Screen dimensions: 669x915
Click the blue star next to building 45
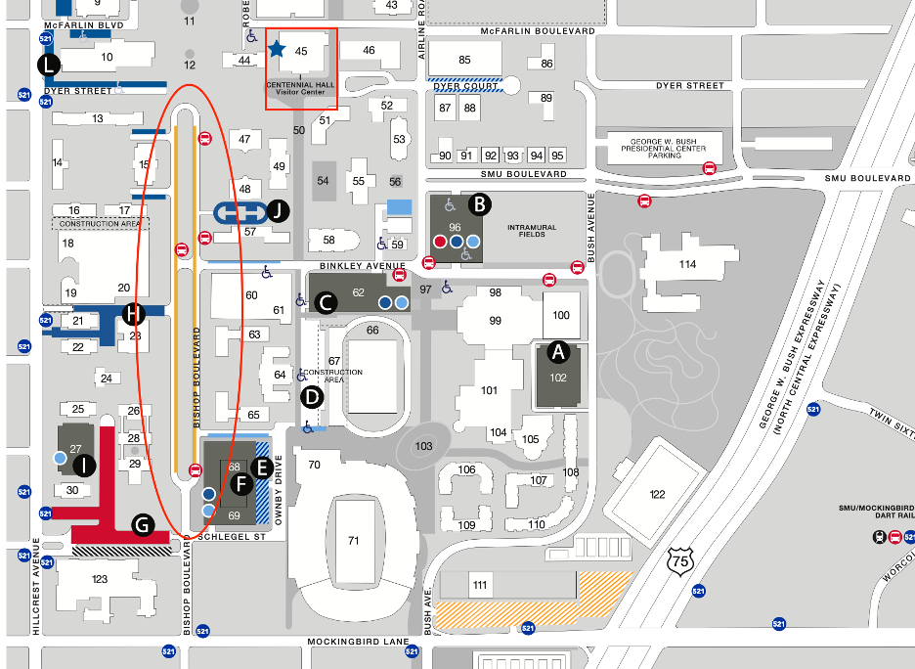tap(277, 48)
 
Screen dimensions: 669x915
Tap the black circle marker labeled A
tap(558, 350)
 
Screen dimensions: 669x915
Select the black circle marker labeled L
tap(48, 66)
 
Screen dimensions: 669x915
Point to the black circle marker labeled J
tap(280, 210)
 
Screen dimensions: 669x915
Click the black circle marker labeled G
tap(143, 526)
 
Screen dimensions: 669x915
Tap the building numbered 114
tap(687, 264)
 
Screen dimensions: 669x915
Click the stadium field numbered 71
tap(353, 539)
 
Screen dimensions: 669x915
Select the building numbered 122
tap(657, 494)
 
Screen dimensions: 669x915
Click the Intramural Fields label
tap(531, 232)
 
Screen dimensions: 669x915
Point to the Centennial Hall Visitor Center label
tap(301, 89)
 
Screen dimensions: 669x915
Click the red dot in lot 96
tap(440, 241)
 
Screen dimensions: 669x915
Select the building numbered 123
tap(99, 578)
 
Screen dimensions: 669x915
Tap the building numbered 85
tap(464, 60)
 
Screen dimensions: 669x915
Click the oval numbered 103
tap(423, 446)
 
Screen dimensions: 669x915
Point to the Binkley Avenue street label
tap(363, 265)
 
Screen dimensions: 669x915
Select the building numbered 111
tap(479, 584)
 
